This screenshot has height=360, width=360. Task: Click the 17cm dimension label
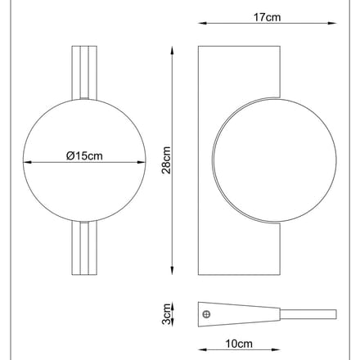[x=267, y=17]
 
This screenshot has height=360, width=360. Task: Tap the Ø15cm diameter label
[x=84, y=155]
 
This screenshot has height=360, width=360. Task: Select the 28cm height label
[x=166, y=160]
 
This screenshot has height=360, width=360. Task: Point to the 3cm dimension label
[x=166, y=314]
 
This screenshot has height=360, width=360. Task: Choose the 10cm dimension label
[x=239, y=344]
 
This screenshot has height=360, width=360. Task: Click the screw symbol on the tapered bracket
[x=207, y=314]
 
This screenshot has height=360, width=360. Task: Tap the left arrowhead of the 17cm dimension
[x=202, y=24]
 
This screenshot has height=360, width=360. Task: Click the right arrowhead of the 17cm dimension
[x=332, y=24]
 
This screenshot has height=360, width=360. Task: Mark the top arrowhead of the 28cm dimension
[x=172, y=51]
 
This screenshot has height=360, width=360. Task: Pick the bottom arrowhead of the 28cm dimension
[x=172, y=271]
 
